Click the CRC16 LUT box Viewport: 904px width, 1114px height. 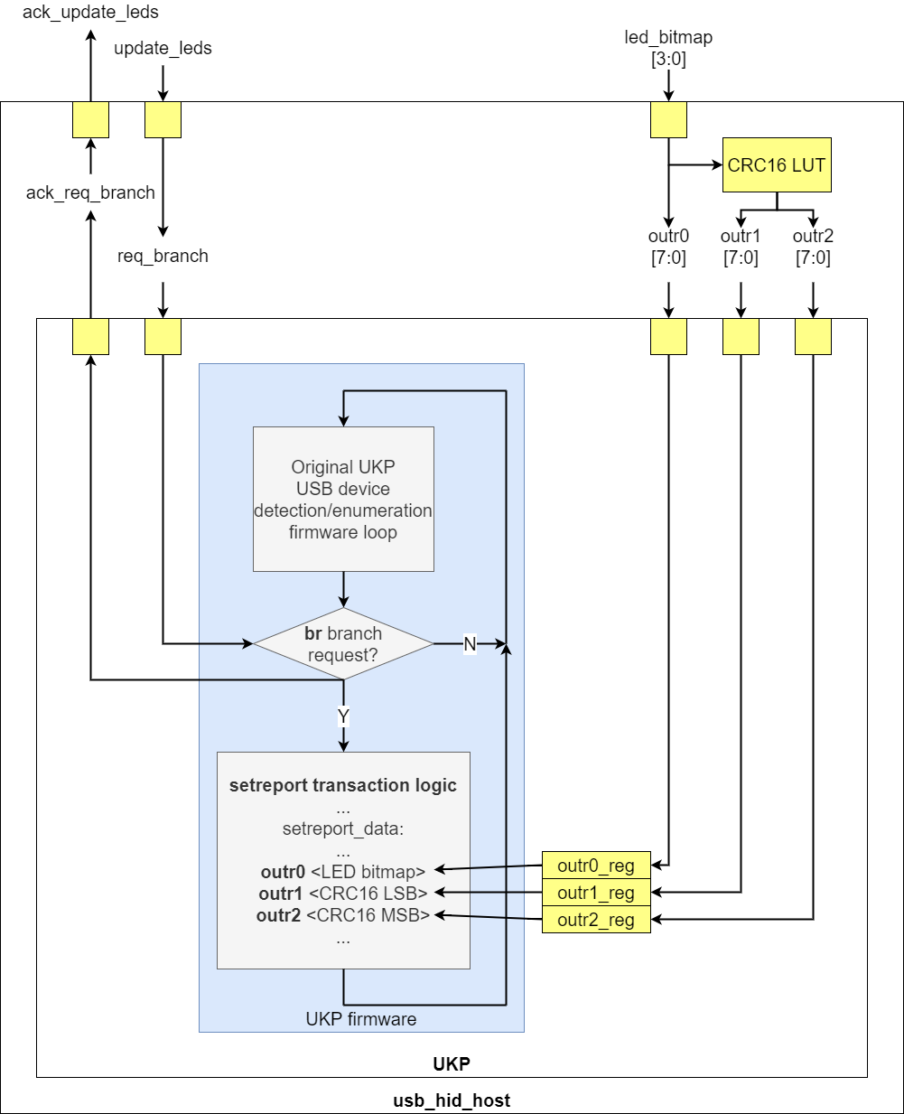[x=777, y=165]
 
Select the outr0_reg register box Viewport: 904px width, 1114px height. [x=596, y=866]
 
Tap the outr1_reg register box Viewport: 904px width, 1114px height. [x=596, y=893]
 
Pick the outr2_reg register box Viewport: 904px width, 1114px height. [x=596, y=920]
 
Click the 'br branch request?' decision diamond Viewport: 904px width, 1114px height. [x=343, y=644]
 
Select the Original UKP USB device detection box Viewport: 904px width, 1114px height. [x=343, y=500]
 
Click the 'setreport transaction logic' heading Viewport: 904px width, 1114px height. [x=343, y=785]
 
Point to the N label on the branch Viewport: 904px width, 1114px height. [x=470, y=644]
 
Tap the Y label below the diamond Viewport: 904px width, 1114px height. [x=343, y=716]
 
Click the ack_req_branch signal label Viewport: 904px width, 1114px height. [x=90, y=192]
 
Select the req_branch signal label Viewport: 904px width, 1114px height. [x=163, y=256]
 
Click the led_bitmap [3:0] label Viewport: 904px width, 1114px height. [x=668, y=48]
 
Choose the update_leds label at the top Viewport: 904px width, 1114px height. [x=163, y=48]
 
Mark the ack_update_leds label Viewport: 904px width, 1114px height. [x=90, y=13]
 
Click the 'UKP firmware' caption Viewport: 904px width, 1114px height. [x=361, y=1019]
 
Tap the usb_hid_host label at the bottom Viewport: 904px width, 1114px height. [x=452, y=1100]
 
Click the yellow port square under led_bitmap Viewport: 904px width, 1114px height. [x=668, y=120]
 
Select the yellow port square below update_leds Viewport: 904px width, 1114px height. [x=163, y=120]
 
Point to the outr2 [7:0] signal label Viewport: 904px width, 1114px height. [x=813, y=247]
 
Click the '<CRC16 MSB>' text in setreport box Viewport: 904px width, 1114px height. [x=368, y=915]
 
